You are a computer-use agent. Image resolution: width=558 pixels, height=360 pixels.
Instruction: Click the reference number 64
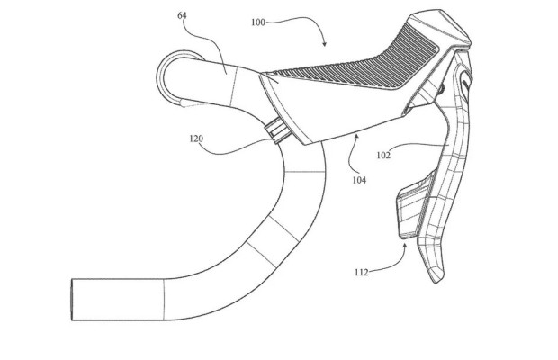click(182, 15)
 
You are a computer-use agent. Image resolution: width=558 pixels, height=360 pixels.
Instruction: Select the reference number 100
click(258, 22)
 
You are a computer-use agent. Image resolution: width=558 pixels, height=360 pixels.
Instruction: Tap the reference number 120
click(196, 139)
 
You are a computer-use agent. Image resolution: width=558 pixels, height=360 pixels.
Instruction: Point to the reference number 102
click(383, 155)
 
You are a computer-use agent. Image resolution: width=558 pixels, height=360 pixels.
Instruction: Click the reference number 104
click(359, 180)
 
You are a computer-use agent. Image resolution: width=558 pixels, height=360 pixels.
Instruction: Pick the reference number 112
click(362, 273)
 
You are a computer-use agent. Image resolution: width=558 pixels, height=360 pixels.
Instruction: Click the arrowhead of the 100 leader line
click(324, 44)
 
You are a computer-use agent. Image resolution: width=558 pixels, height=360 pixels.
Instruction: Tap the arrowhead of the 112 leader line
click(405, 245)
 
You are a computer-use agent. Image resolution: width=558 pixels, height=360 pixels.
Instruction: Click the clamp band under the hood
click(277, 130)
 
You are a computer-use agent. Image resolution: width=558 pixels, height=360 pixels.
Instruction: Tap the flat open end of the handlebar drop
click(72, 300)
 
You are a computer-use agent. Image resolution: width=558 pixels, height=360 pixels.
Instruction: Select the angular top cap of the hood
click(441, 27)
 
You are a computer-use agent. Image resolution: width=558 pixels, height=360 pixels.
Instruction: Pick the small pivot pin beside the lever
click(441, 89)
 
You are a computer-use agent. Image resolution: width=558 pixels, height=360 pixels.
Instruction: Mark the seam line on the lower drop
click(164, 300)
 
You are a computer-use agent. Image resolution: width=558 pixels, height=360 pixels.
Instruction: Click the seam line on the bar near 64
click(233, 86)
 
